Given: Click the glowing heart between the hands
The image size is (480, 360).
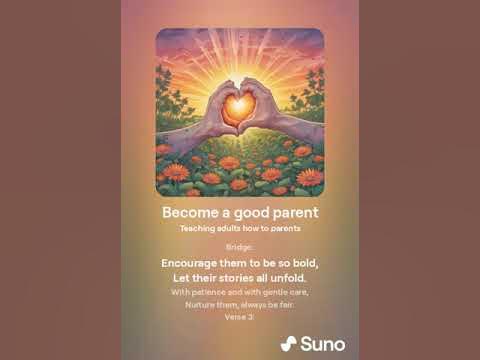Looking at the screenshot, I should [x=239, y=105].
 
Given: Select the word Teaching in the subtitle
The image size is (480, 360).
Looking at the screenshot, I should [x=200, y=228].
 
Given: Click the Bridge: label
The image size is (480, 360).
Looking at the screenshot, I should [x=240, y=246].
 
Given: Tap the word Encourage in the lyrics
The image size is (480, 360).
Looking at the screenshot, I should [x=196, y=262].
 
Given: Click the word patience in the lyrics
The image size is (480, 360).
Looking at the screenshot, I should [x=208, y=292].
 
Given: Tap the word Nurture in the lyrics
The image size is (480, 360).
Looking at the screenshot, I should [x=203, y=304].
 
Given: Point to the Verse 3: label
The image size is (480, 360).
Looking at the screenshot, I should [x=240, y=316].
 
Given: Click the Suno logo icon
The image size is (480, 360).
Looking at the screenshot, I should [x=289, y=344].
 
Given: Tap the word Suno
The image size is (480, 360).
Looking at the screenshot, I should [x=324, y=344].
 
